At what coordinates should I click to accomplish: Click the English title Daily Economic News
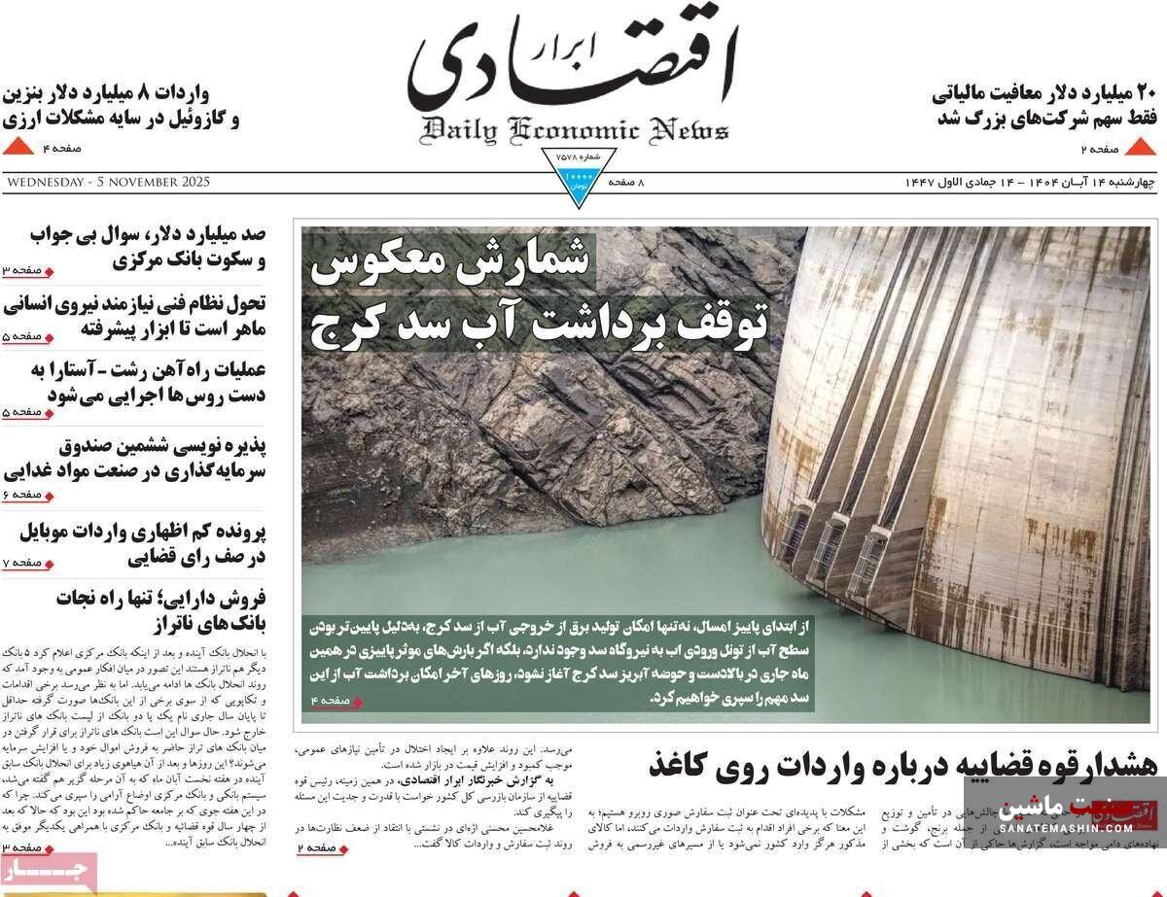(575, 129)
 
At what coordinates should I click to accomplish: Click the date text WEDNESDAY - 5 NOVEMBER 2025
(107, 182)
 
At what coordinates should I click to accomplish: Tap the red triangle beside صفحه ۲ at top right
(1140, 148)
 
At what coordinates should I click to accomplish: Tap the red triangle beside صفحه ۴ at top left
(18, 147)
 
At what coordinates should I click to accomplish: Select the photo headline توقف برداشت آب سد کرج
(539, 322)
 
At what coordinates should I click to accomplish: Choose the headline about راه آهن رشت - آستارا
(136, 381)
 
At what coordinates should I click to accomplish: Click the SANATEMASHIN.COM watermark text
(1066, 828)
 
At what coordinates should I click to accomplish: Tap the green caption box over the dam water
(558, 661)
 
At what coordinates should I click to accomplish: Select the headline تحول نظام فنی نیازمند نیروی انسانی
(136, 314)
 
